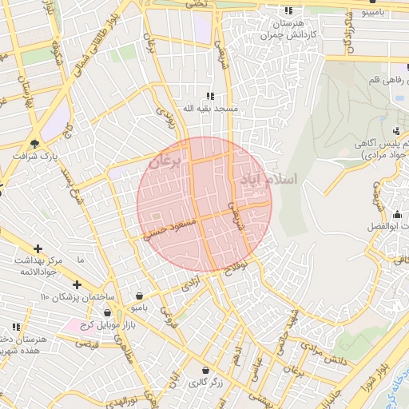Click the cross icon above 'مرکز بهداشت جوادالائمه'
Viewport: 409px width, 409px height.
[38, 249]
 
